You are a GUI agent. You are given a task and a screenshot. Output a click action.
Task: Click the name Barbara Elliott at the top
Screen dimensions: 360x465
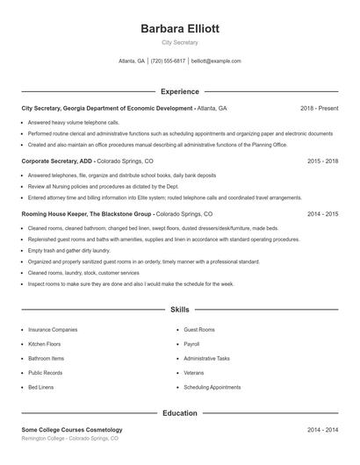click(x=180, y=29)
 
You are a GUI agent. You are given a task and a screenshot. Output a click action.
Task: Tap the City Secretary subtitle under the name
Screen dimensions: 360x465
click(x=180, y=42)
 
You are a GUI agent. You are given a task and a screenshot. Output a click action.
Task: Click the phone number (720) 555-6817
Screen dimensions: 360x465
click(x=168, y=61)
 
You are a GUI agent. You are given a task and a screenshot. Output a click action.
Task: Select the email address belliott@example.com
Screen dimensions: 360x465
click(x=216, y=61)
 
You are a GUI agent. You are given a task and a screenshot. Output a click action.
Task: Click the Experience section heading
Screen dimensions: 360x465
click(x=180, y=91)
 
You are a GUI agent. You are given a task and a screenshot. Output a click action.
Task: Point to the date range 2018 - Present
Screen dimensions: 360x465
click(x=319, y=108)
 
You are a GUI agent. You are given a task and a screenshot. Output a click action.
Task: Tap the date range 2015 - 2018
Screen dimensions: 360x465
click(x=323, y=161)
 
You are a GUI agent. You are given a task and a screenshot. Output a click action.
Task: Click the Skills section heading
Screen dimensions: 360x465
click(x=180, y=310)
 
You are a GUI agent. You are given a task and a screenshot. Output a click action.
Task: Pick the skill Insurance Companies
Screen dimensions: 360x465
click(x=53, y=330)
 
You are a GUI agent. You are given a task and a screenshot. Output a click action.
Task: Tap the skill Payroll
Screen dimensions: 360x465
click(x=191, y=344)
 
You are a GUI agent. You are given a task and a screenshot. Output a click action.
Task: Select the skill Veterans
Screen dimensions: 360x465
click(x=193, y=372)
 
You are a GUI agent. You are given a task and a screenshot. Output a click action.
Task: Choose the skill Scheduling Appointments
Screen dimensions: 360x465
click(x=212, y=387)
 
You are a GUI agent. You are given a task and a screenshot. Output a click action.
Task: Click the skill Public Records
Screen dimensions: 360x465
click(x=47, y=372)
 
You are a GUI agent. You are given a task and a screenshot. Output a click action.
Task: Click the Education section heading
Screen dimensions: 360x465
click(x=180, y=412)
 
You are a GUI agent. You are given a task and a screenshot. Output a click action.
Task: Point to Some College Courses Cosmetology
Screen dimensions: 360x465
click(x=72, y=430)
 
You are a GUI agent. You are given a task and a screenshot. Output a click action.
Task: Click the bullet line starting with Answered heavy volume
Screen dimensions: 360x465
click(x=73, y=122)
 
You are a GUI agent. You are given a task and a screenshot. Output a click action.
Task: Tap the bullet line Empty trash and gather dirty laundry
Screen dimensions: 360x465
click(x=69, y=250)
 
